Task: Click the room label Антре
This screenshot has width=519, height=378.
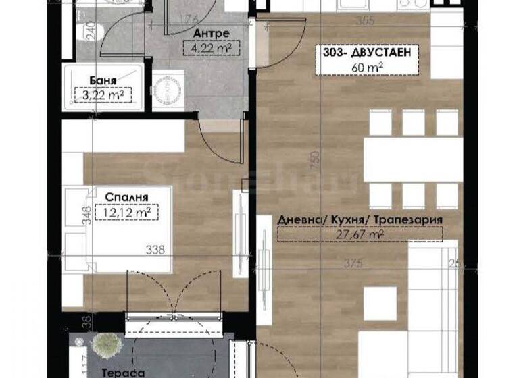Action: pos(211,33)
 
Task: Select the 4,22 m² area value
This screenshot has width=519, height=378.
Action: pos(211,48)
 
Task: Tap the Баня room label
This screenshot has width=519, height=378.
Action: pos(103,80)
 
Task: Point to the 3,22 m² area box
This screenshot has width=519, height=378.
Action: pos(103,95)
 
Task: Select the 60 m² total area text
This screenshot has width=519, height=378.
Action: pos(365,66)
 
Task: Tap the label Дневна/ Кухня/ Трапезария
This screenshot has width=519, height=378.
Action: pos(360,220)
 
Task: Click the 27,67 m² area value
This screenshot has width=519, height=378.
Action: pos(360,235)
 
